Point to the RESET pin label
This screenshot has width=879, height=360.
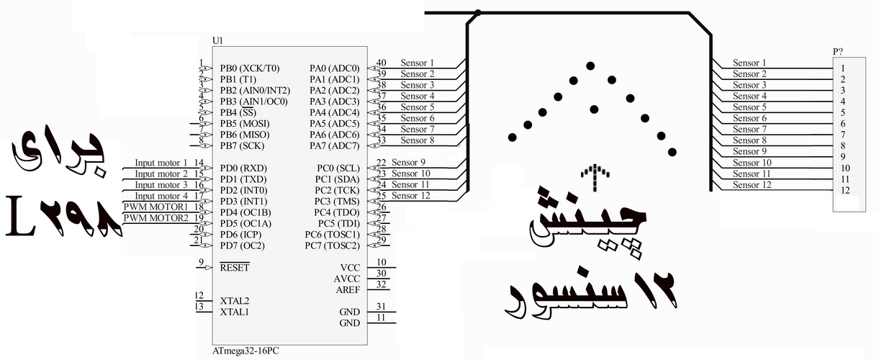click(x=235, y=267)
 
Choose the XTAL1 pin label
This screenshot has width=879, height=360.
click(x=235, y=312)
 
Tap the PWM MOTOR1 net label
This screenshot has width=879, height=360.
click(x=155, y=207)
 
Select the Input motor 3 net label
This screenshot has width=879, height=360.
click(x=161, y=184)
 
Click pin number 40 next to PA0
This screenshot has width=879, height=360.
click(x=381, y=63)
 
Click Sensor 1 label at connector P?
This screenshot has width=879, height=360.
click(x=749, y=63)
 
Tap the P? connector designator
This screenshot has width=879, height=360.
click(x=838, y=51)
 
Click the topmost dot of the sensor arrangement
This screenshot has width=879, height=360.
click(x=590, y=66)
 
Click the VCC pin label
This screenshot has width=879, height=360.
click(x=349, y=267)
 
